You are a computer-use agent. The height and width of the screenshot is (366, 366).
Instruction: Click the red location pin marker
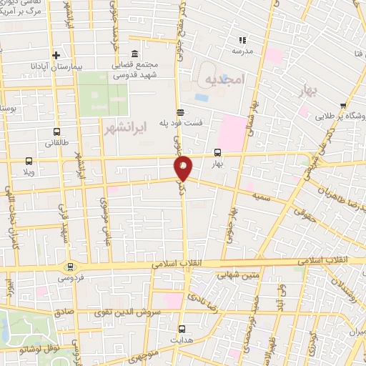[x=184, y=169]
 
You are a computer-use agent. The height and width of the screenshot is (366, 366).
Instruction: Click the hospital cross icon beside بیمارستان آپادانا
[x=56, y=55]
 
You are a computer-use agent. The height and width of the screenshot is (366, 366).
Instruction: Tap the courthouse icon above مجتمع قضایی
[x=135, y=54]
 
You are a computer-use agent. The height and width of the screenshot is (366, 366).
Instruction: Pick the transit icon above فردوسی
[x=69, y=265]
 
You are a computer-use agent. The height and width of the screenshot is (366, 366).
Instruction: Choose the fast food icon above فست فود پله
[x=180, y=112]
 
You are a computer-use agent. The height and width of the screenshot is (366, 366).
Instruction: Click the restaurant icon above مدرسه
[x=242, y=40]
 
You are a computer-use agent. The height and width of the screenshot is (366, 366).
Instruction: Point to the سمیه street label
[x=262, y=194]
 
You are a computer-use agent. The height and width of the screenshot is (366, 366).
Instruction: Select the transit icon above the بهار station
[x=217, y=152]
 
